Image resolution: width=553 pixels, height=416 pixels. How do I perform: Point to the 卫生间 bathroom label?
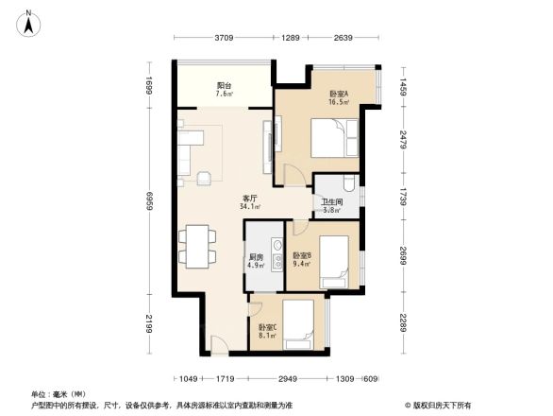click(x=331, y=205)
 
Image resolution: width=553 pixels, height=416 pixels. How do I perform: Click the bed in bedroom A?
click(x=334, y=140)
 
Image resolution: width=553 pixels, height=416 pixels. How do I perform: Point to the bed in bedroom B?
click(x=334, y=274)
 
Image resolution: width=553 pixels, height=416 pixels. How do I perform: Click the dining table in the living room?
click(x=196, y=245)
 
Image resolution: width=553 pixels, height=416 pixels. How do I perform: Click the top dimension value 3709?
click(x=223, y=38)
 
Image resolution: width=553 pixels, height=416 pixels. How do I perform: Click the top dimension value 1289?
click(x=291, y=38)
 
